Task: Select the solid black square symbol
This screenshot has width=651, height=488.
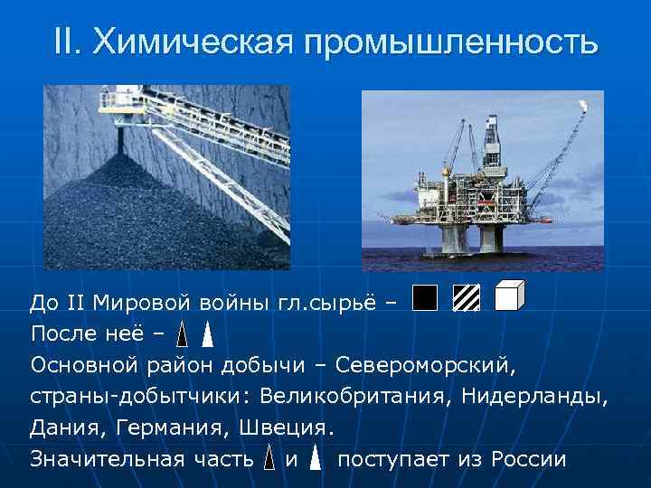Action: click(x=423, y=297)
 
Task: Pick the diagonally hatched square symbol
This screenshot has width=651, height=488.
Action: click(x=467, y=298)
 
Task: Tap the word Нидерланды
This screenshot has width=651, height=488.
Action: click(x=544, y=396)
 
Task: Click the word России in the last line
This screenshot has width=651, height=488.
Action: click(x=529, y=459)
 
